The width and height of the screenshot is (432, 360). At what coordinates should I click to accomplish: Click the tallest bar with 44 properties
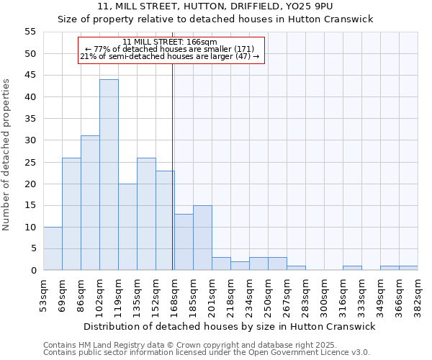click(109, 175)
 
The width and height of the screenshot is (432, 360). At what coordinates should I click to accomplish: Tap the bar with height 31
click(90, 203)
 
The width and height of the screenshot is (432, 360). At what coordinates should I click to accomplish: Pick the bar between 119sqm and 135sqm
click(127, 227)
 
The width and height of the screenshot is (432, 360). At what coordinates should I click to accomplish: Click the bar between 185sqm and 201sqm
click(202, 238)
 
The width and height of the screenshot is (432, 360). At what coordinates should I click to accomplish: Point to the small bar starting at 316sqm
click(352, 268)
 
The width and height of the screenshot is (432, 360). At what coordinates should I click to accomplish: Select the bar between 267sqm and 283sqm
click(296, 268)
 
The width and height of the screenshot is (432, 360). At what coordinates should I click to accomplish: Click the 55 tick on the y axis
click(30, 32)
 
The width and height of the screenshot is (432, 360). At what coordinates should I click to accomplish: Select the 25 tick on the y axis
click(30, 162)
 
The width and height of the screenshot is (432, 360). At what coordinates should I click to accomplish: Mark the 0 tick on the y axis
click(33, 271)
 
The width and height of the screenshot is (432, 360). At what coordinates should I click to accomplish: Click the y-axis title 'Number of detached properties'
click(6, 155)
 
